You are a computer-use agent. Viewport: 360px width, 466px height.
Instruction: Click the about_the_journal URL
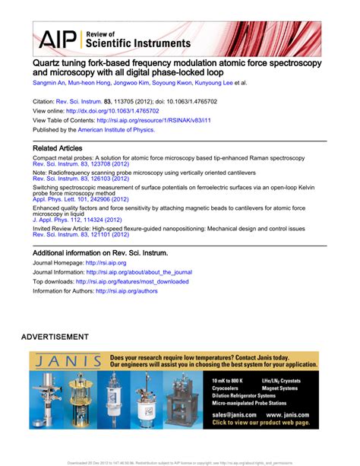139,272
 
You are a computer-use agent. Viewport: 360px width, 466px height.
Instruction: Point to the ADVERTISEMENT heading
55,336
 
